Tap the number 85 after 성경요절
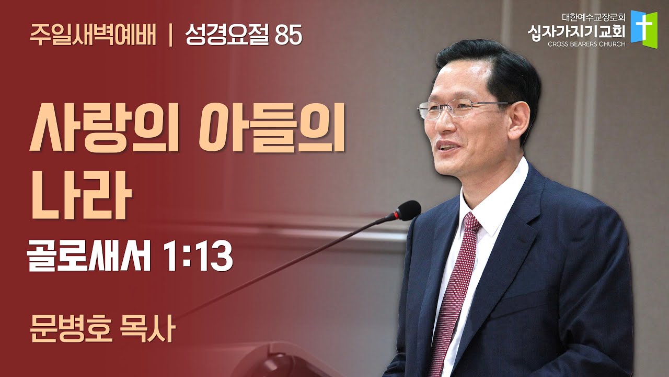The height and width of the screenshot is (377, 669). click(x=289, y=36)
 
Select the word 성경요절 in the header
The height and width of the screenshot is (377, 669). click(x=227, y=35)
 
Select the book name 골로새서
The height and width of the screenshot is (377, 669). click(x=88, y=257)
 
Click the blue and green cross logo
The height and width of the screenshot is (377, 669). click(x=644, y=29)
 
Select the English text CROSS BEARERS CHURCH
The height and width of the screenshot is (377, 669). click(x=586, y=45)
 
